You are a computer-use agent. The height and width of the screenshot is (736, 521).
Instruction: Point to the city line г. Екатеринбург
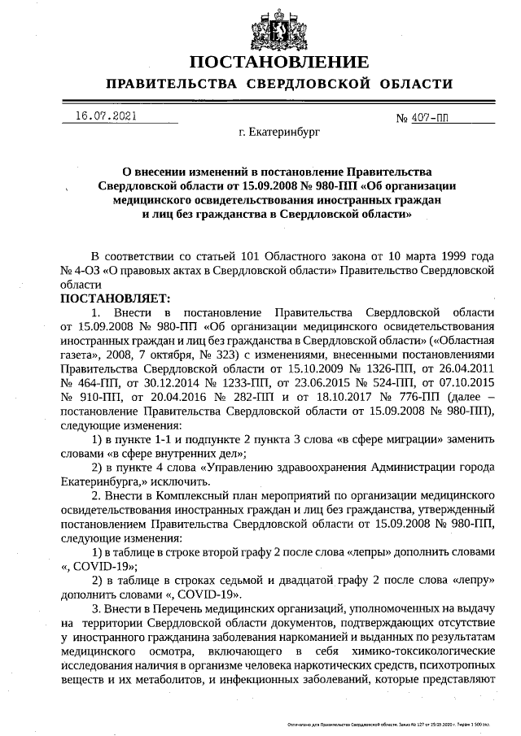pyautogui.click(x=279, y=130)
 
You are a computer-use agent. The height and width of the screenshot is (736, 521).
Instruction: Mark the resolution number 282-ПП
pyautogui.click(x=237, y=397)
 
